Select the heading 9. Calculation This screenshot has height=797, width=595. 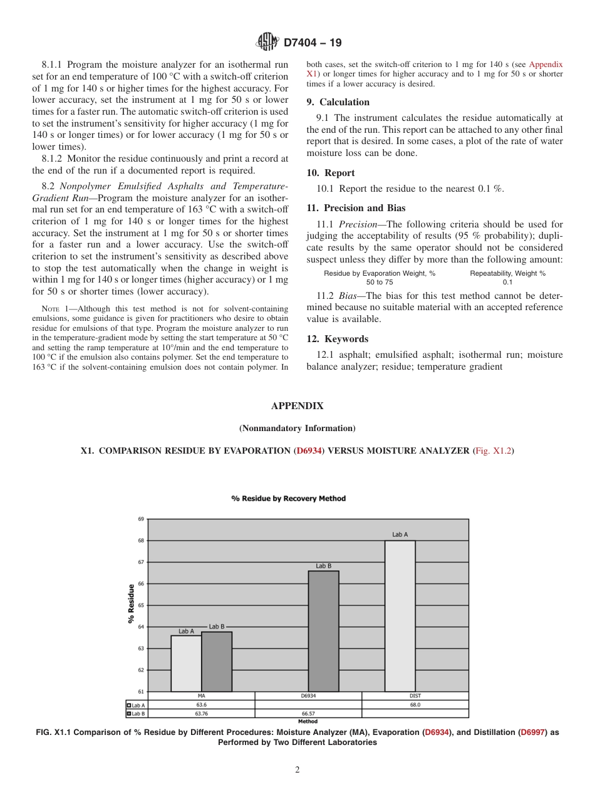click(x=338, y=102)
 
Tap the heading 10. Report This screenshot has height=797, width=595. click(x=331, y=173)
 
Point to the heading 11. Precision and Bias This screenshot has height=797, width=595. click(x=356, y=208)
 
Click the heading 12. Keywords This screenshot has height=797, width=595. click(x=338, y=339)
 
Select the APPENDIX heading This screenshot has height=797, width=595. click(x=297, y=406)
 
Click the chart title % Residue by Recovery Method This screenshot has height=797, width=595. click(x=288, y=499)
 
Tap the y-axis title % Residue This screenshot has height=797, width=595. click(x=131, y=603)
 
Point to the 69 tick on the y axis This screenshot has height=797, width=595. click(x=141, y=519)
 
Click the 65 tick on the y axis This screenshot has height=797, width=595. click(x=141, y=605)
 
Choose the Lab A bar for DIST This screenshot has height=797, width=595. click(x=400, y=615)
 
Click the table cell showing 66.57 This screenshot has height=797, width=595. click(x=308, y=713)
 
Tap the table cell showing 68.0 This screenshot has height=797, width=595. click(x=415, y=704)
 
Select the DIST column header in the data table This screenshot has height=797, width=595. click(x=415, y=695)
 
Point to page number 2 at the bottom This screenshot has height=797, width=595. click(x=297, y=770)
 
